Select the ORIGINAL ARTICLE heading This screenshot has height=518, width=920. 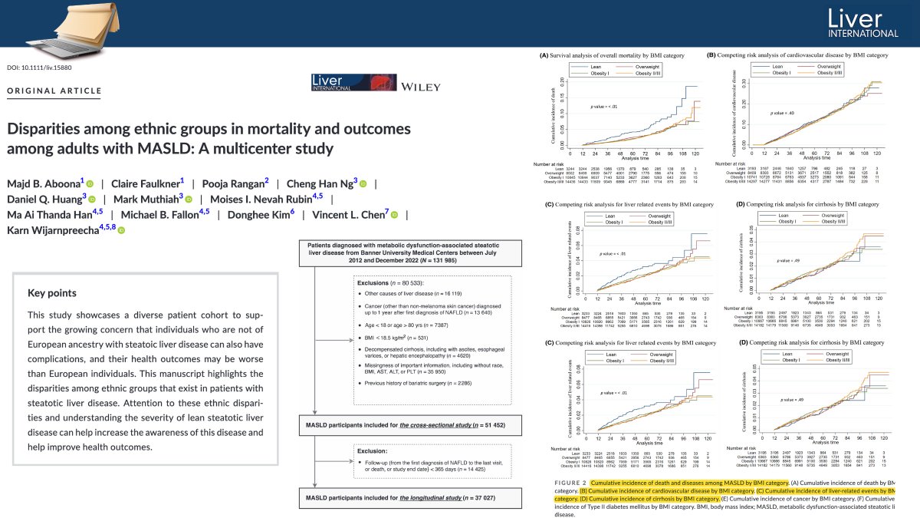point(54,91)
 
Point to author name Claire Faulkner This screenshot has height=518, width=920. point(146,183)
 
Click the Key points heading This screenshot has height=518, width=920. point(52,292)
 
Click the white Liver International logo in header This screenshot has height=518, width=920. point(859,24)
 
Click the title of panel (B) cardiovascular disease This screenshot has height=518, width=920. point(797,55)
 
